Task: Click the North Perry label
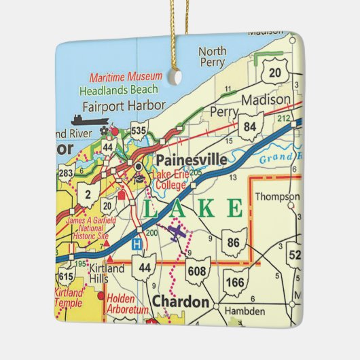click(213, 57)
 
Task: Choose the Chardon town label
click(180, 300)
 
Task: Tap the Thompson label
click(276, 197)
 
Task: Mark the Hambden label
click(245, 310)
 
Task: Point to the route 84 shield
click(251, 127)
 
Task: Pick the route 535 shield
click(138, 128)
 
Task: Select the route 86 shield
click(234, 242)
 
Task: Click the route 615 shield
click(67, 277)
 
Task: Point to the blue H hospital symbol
click(137, 243)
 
